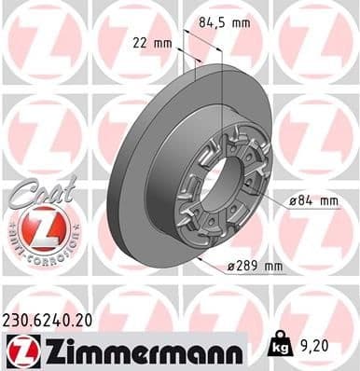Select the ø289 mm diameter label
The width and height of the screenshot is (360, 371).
(256, 268)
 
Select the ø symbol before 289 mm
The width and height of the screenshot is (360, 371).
(229, 268)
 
